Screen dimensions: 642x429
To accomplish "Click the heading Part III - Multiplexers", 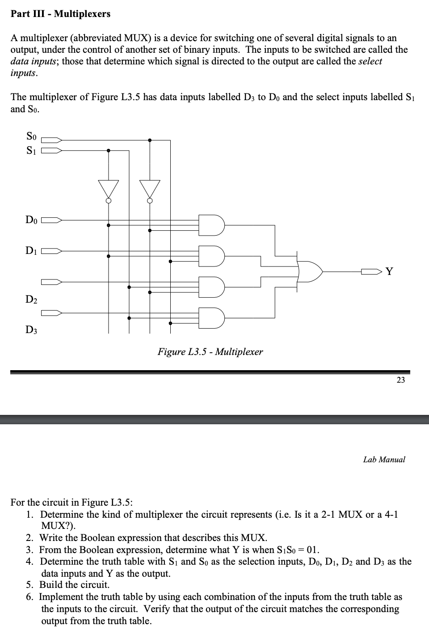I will coord(60,14).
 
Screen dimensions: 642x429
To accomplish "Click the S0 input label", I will coord(31,136).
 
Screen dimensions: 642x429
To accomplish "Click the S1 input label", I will coord(31,150).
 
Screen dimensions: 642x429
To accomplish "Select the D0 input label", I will coord(31,220).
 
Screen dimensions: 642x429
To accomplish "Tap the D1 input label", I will coord(31,251).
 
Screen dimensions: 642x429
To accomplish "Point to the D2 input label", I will coord(31,299).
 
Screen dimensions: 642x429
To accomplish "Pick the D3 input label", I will coord(31,330).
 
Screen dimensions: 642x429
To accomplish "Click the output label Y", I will coord(390,271).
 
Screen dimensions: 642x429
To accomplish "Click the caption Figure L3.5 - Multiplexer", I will coord(210,352).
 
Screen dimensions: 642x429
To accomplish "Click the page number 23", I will coord(400,380).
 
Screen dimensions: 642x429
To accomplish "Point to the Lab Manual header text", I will coord(384,460).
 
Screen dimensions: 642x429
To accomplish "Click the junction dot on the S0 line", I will coord(150,140).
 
